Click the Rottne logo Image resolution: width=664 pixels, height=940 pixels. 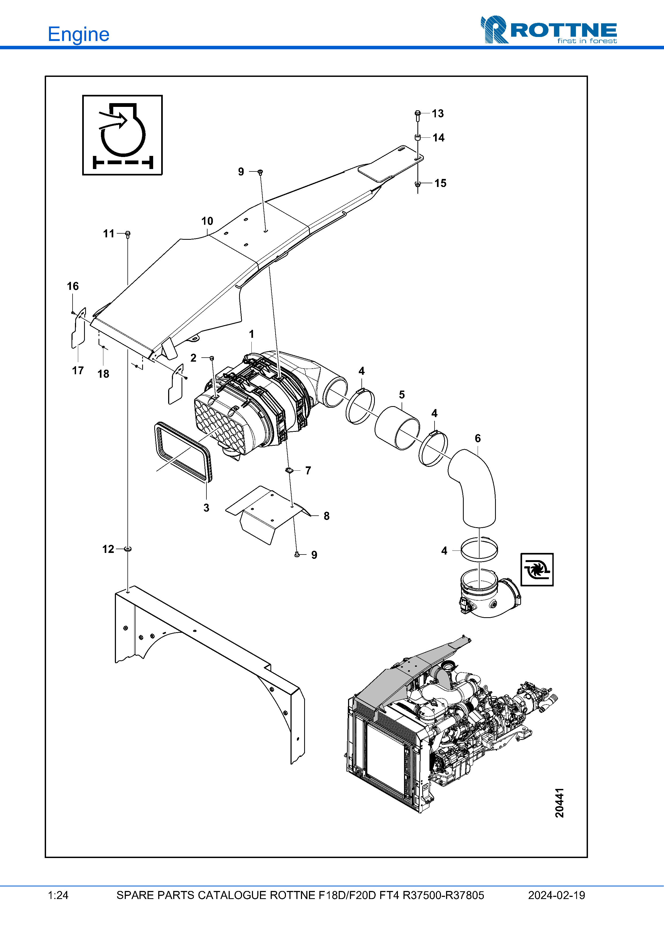point(549,29)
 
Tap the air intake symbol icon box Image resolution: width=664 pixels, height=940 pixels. point(122,135)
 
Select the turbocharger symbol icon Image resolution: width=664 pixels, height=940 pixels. point(537,570)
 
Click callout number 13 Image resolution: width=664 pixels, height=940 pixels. point(438,113)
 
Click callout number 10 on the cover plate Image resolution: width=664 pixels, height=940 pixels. point(207,221)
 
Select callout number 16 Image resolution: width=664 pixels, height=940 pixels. point(73,286)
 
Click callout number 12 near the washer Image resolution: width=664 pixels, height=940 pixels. point(108,549)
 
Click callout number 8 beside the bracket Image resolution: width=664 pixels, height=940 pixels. point(326,516)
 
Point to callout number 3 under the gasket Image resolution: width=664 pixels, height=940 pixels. point(206,508)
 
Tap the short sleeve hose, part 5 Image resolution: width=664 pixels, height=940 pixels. point(397,428)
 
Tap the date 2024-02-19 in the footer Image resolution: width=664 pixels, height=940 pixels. point(556,895)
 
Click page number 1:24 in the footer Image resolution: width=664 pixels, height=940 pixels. point(58,895)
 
